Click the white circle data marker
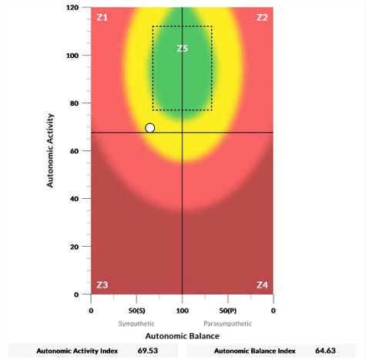pos(149,128)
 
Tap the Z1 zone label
pos(102,17)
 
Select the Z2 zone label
pos(262,17)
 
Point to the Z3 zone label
pos(102,285)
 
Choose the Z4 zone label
pos(262,285)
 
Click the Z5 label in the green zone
pos(183,49)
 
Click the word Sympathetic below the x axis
pos(138,324)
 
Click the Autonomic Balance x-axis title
pos(182,336)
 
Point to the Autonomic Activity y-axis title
pos(51,151)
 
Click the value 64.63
pos(328,351)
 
